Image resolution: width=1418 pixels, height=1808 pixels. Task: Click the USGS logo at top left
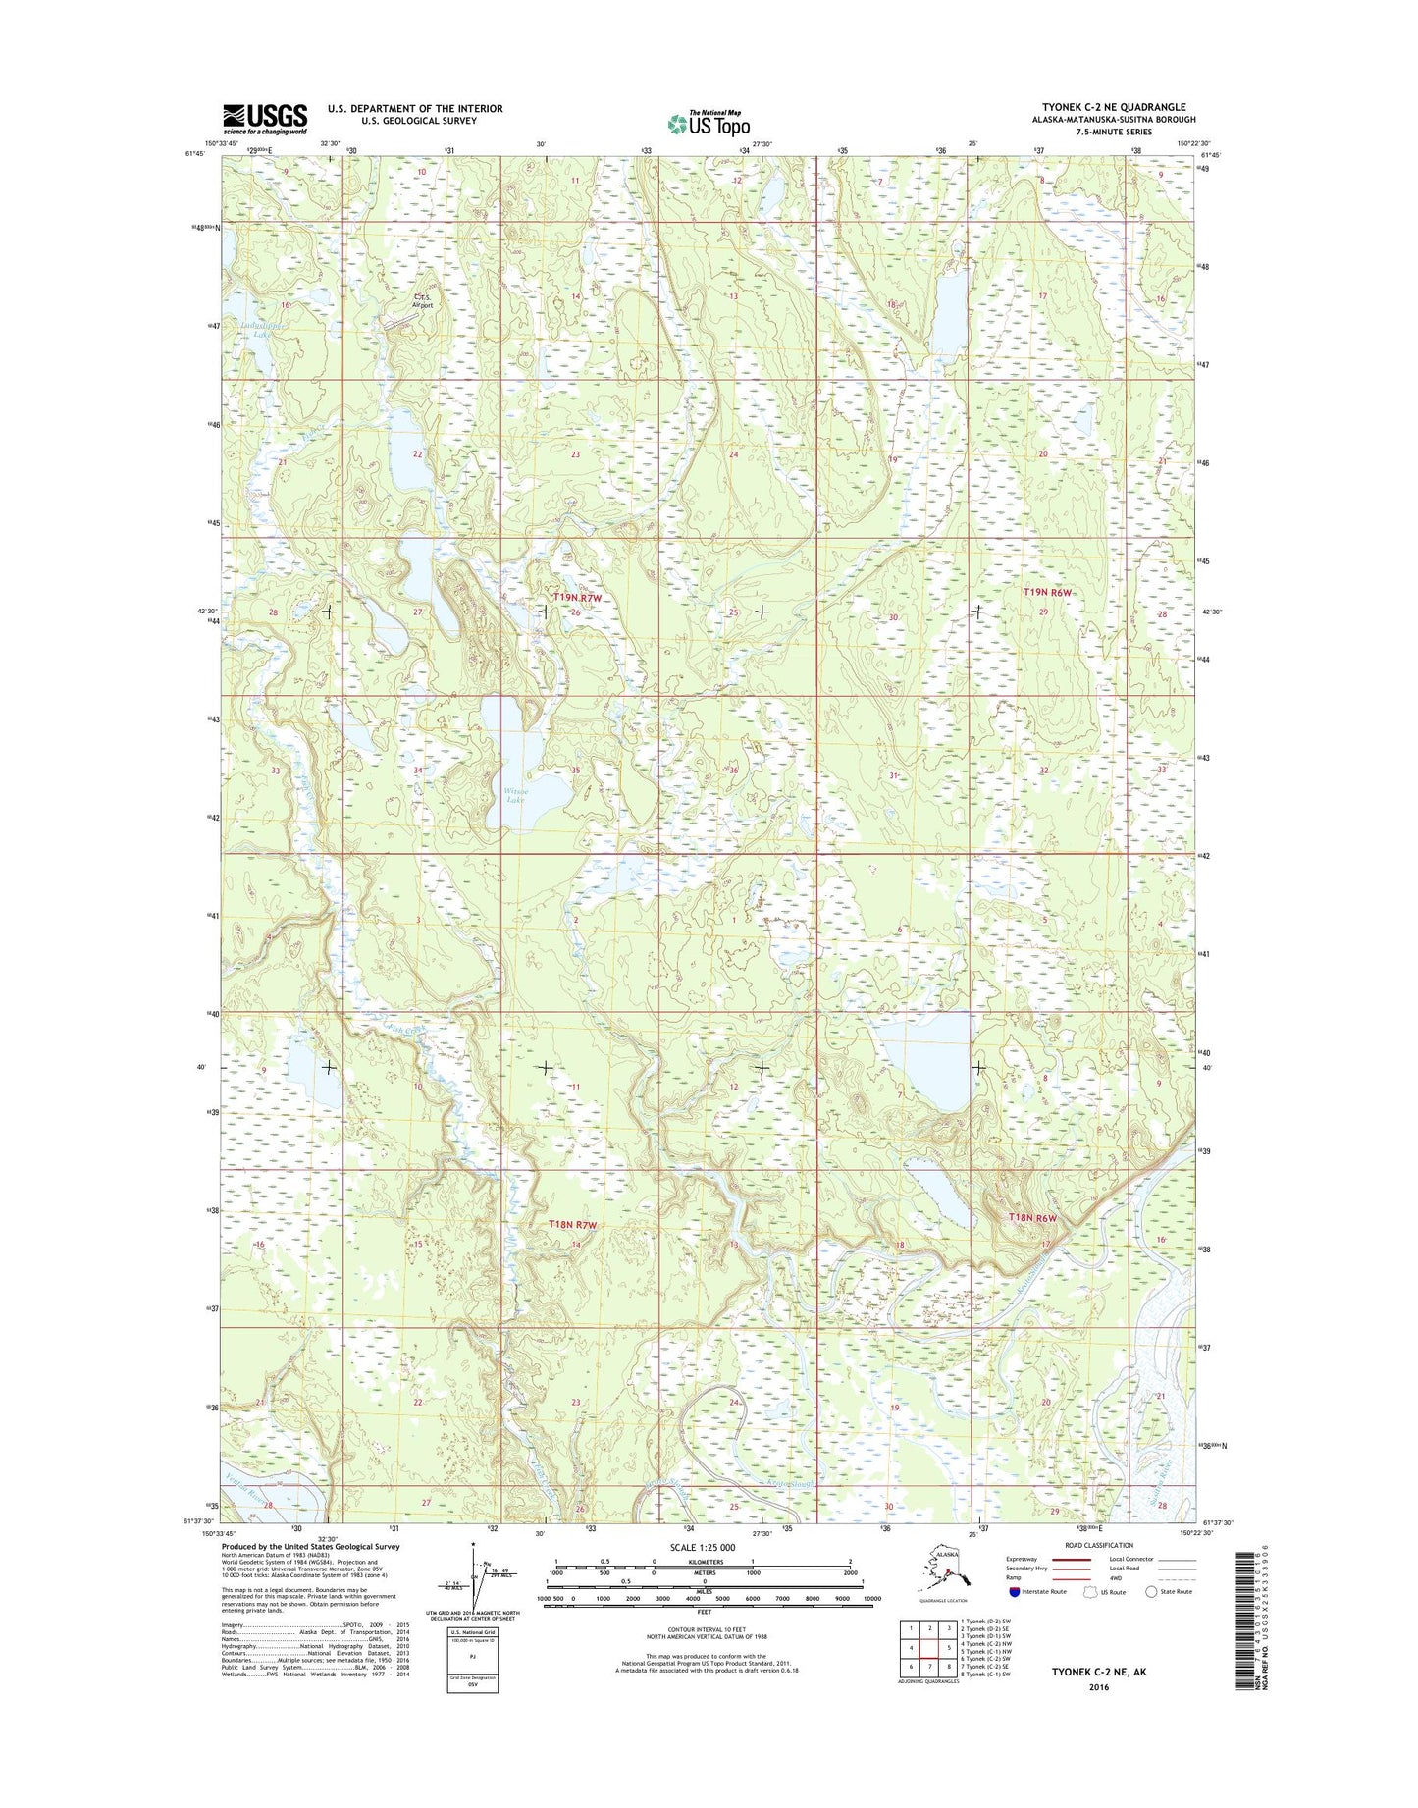click(264, 118)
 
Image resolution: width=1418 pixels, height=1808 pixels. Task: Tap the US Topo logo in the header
click(709, 123)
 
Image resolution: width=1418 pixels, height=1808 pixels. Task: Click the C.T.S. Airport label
click(422, 300)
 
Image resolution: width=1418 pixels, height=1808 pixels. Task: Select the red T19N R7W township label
click(576, 597)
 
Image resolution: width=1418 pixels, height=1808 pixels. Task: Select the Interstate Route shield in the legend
click(1014, 1592)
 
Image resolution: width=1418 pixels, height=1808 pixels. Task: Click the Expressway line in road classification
click(1070, 1559)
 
